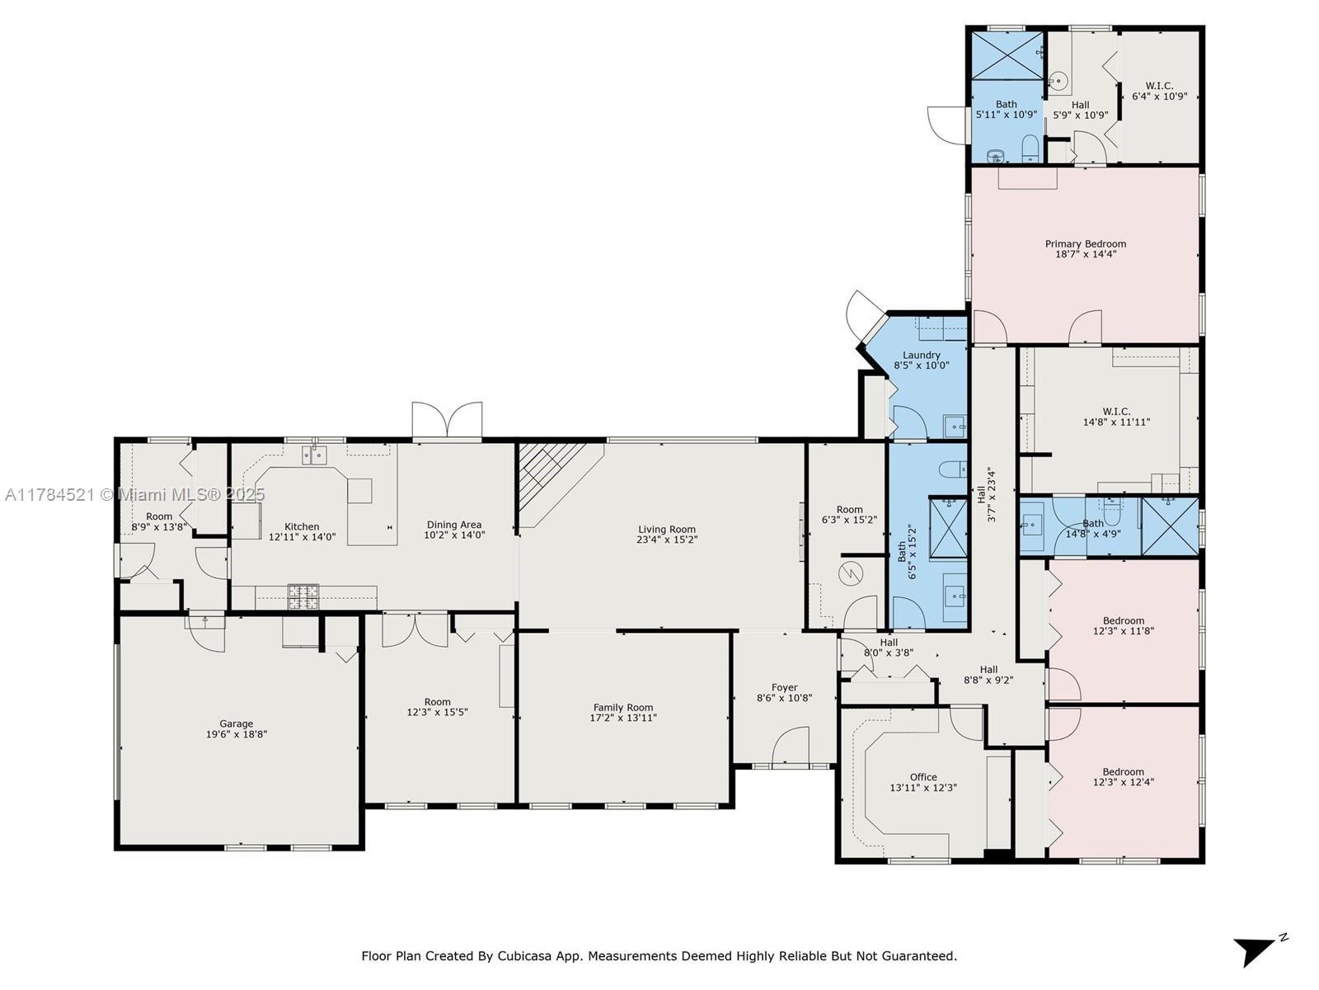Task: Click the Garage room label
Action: [x=236, y=724]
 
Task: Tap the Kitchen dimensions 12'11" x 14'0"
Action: [x=302, y=537]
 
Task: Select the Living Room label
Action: [x=667, y=530]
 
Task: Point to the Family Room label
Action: [x=623, y=708]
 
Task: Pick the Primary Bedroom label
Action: [x=1085, y=244]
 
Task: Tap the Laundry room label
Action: [x=921, y=356]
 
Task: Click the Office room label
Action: [x=923, y=777]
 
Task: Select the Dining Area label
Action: [x=453, y=525]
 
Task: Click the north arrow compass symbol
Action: [x=1258, y=950]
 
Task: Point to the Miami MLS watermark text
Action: [x=134, y=495]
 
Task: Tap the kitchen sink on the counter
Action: [x=314, y=455]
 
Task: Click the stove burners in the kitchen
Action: [x=303, y=596]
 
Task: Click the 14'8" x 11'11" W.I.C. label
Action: [x=1116, y=417]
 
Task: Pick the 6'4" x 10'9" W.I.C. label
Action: [x=1159, y=91]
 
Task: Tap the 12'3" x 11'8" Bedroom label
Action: [x=1123, y=625]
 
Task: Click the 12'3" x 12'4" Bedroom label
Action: [x=1123, y=776]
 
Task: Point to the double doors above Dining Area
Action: [x=447, y=420]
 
